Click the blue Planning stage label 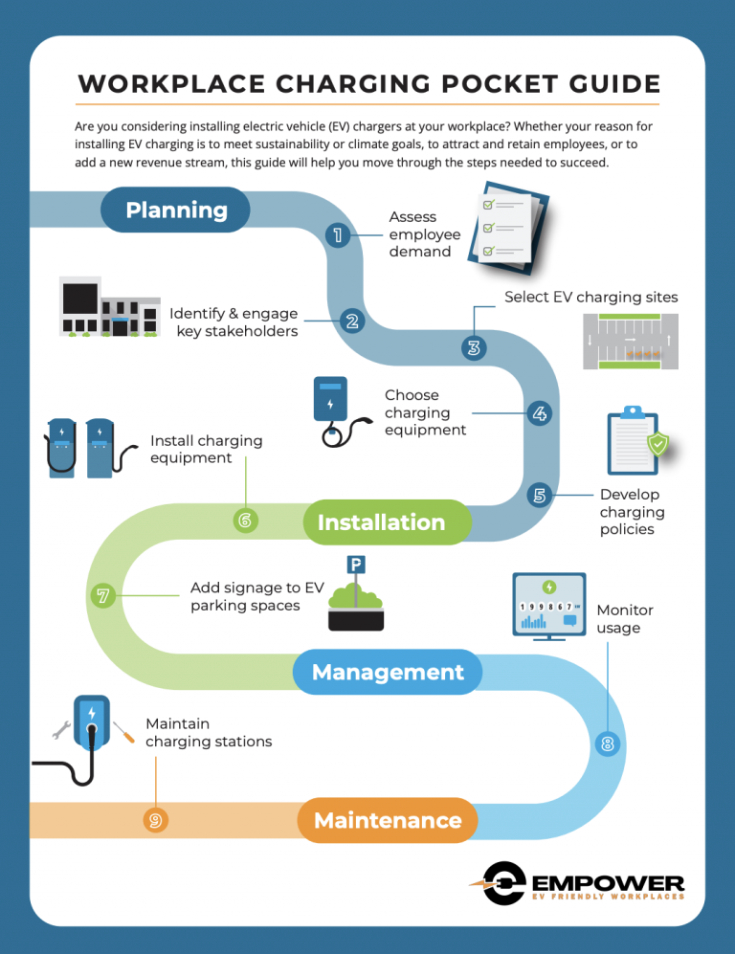click(176, 211)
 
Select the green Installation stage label click(381, 522)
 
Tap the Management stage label click(388, 673)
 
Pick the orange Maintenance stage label click(388, 820)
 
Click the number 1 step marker click(336, 235)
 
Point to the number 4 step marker click(540, 413)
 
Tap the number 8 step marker click(608, 743)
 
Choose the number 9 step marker click(154, 820)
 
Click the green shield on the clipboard click(657, 444)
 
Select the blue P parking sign click(355, 566)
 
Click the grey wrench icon click(60, 729)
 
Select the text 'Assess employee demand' click(424, 234)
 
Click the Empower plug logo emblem click(501, 883)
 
